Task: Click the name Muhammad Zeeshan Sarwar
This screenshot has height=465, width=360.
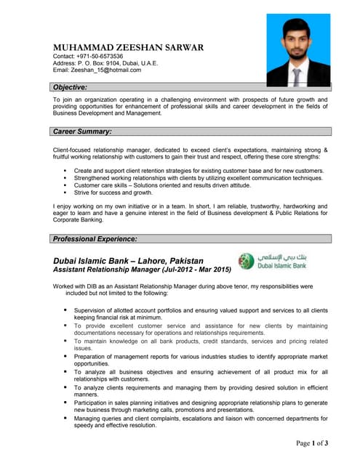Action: [129, 48]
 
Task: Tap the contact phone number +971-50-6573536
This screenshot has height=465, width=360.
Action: [99, 57]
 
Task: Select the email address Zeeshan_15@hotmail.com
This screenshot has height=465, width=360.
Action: [109, 70]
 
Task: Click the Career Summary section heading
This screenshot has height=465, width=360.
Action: [82, 132]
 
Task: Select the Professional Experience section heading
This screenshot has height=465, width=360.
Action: [95, 239]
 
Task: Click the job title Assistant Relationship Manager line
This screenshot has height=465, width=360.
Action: [142, 270]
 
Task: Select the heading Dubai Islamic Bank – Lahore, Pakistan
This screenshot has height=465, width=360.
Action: [129, 259]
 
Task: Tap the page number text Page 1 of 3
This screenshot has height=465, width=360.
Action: [311, 442]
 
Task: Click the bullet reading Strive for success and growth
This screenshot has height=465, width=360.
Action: [113, 193]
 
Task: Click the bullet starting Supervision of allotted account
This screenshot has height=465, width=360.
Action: [200, 314]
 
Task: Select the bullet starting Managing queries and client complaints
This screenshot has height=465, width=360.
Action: [200, 422]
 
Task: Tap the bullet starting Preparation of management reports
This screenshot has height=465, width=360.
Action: [200, 360]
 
